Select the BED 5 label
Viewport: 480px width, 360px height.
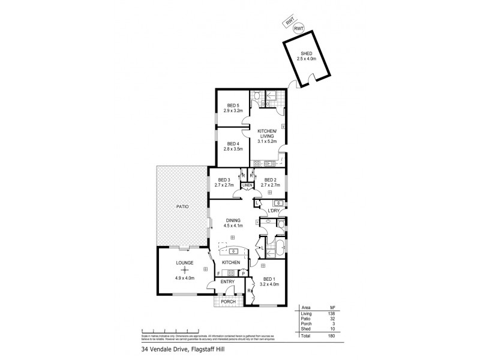[x=231, y=106]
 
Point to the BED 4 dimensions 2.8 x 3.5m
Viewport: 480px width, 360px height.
[x=232, y=148]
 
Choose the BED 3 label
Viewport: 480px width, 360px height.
[x=224, y=180]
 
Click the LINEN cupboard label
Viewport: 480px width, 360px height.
[x=247, y=186]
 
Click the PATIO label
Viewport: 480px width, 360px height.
[x=182, y=206]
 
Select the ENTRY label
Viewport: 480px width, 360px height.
[x=227, y=281]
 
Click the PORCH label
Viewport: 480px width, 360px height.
[x=228, y=302]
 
